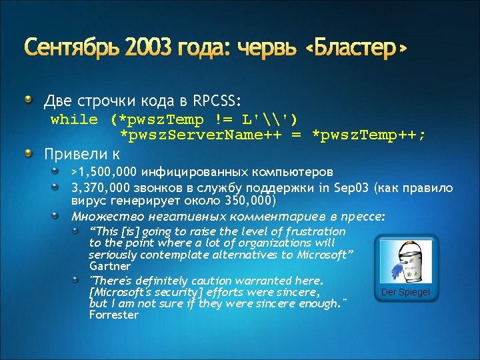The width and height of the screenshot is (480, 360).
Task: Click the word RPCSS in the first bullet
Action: click(215, 101)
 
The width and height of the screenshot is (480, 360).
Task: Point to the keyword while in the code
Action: click(73, 120)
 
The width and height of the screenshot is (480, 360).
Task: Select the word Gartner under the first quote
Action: click(109, 266)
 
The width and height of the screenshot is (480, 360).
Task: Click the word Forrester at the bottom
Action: click(113, 315)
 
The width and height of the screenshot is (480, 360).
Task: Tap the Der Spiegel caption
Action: click(405, 293)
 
